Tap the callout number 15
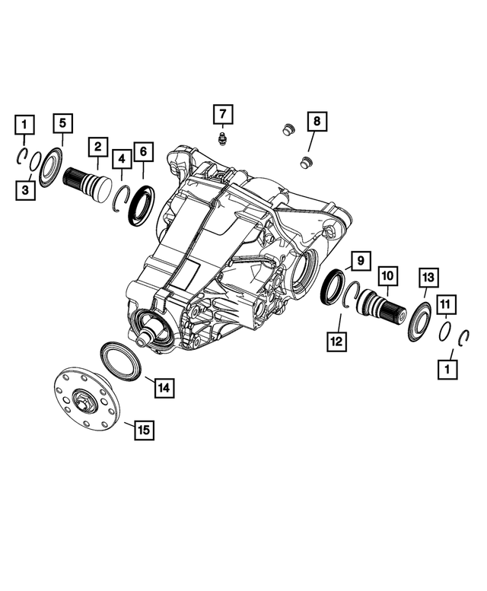pyautogui.click(x=142, y=430)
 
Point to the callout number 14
pyautogui.click(x=162, y=387)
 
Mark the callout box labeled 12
pyautogui.click(x=336, y=342)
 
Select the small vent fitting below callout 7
pyautogui.click(x=223, y=140)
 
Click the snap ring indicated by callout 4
pyautogui.click(x=120, y=200)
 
